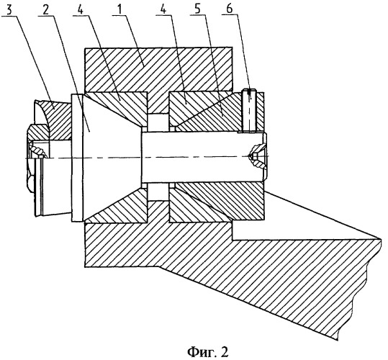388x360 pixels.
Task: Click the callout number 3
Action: tap(9, 10)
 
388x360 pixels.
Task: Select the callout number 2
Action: tap(45, 10)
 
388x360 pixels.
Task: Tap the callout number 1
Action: tap(119, 10)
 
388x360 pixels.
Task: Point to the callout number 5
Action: tap(197, 10)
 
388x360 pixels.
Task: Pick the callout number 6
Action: tap(230, 9)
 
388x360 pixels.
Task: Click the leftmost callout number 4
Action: tap(80, 10)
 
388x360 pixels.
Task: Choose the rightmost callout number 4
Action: tap(163, 10)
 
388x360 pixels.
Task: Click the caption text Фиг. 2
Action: tap(207, 351)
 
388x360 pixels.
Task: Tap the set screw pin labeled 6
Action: tap(249, 109)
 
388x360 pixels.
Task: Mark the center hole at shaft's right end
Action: tap(258, 156)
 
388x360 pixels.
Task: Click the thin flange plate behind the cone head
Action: tap(77, 158)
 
